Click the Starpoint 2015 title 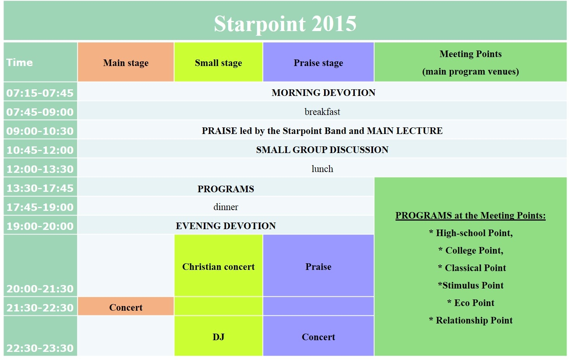coord(285,23)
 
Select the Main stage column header coord(126,63)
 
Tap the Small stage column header coord(219,63)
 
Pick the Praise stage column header coord(318,63)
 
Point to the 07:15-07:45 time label coord(40,93)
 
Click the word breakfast coord(322,111)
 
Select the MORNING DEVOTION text coord(323,92)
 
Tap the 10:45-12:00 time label coord(40,150)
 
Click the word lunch coord(322,169)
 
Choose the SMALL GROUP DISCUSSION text coord(322,150)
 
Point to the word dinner coord(226,207)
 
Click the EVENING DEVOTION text coord(226,226)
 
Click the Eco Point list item coord(471,303)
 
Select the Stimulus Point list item coord(471,285)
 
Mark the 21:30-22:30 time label coord(40,308)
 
